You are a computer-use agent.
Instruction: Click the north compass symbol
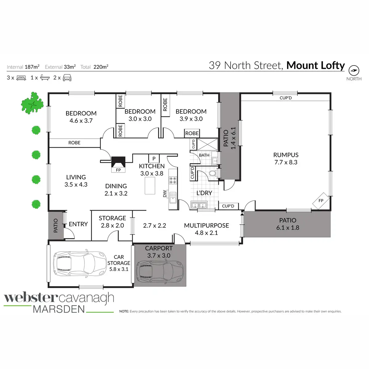click(x=354, y=70)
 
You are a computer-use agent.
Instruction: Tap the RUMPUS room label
click(x=286, y=155)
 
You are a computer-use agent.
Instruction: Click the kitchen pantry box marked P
click(x=154, y=159)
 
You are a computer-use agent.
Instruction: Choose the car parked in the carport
click(x=160, y=272)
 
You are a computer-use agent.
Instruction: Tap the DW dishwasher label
click(x=165, y=193)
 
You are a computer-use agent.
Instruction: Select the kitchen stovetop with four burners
click(x=173, y=180)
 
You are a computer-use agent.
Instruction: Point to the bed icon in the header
click(x=21, y=78)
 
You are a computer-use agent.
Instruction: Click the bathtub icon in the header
click(x=45, y=78)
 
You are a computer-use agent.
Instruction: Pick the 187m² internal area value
click(x=32, y=67)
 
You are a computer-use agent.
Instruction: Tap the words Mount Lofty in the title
click(x=315, y=65)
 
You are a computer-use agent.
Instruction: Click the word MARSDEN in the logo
click(x=59, y=309)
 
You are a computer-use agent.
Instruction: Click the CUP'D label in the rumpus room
click(x=286, y=98)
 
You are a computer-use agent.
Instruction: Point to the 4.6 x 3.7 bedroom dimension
click(x=81, y=121)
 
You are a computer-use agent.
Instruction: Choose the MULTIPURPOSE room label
click(x=206, y=225)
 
